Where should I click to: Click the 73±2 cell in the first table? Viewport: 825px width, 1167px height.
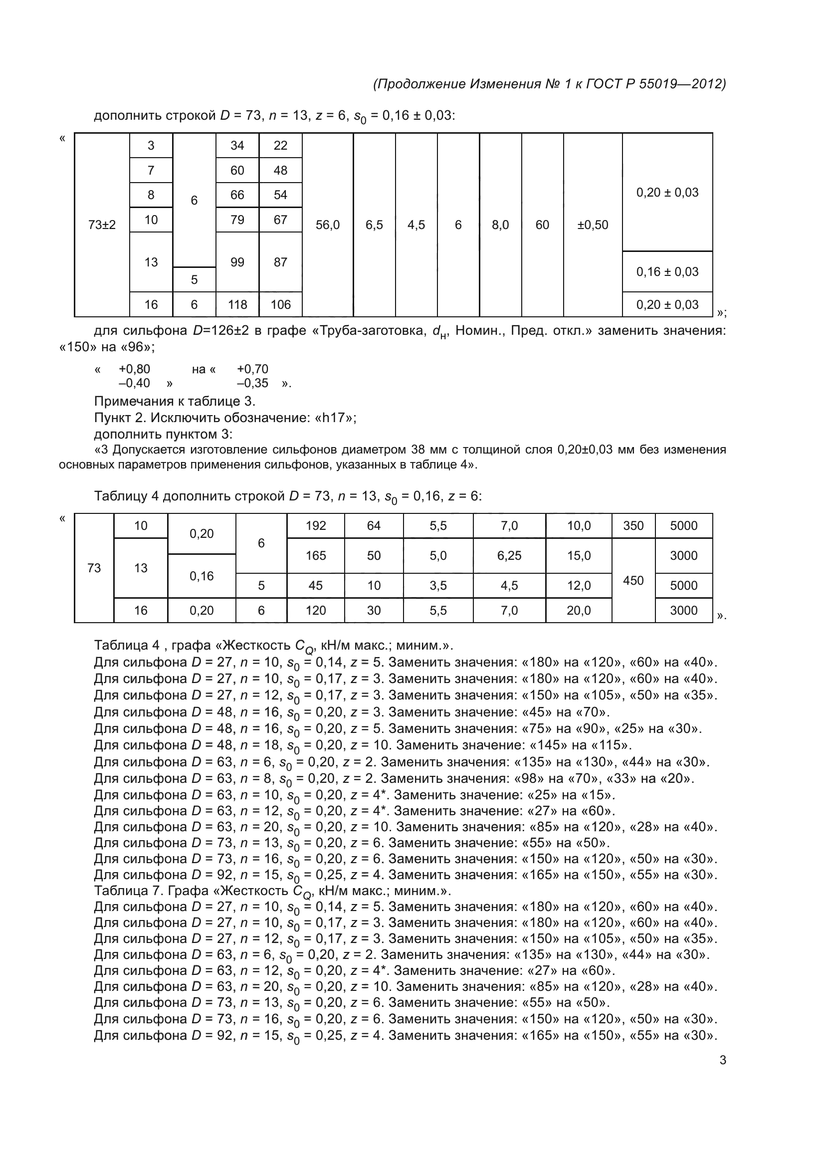(102, 225)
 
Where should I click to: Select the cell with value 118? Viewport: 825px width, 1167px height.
(237, 304)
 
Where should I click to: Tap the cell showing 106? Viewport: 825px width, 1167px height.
(280, 304)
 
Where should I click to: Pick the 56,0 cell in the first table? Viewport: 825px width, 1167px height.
(328, 225)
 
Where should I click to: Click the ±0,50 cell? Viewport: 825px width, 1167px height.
(593, 225)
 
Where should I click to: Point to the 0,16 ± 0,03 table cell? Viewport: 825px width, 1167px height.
(667, 272)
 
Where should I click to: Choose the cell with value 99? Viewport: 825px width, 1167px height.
(237, 262)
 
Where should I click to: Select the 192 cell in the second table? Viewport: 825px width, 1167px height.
(315, 525)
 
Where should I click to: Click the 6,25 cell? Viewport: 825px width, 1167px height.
(509, 555)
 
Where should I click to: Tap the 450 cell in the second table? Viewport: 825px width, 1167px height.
(633, 580)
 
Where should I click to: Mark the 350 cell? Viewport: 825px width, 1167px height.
(633, 525)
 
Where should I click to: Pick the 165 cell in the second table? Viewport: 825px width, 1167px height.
(315, 555)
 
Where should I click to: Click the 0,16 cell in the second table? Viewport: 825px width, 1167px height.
(201, 576)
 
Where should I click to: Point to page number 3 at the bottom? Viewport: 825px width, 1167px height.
(722, 1060)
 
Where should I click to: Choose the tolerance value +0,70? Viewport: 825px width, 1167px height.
(252, 369)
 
